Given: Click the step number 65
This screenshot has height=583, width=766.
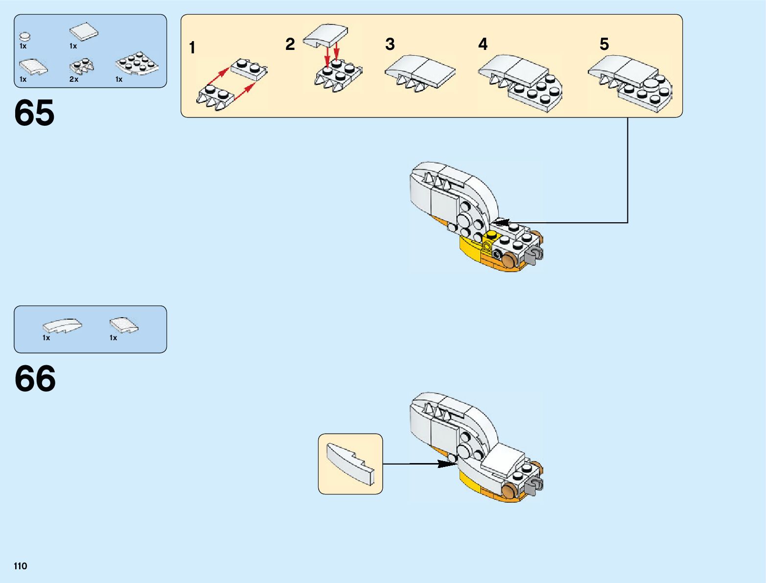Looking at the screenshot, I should click(34, 113).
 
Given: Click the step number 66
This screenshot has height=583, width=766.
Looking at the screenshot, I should click(35, 378).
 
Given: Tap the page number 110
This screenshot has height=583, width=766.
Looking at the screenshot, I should click(21, 566).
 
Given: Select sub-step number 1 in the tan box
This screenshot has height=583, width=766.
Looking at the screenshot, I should click(192, 48).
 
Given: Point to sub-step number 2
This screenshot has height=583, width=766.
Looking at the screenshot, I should click(290, 45).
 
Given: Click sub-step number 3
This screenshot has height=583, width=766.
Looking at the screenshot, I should click(390, 45).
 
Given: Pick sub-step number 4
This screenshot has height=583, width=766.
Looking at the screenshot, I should click(483, 45).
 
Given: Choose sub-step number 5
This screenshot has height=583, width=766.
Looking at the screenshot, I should click(604, 45).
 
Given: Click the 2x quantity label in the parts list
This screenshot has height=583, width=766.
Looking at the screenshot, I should click(74, 79).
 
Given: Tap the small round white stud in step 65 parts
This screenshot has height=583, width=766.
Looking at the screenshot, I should click(25, 36).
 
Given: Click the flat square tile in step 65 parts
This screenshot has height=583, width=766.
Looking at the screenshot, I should click(83, 33).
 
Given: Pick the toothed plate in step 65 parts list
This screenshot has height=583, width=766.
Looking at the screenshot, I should click(82, 67).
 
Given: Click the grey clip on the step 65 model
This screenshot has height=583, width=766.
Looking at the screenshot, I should click(536, 255).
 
